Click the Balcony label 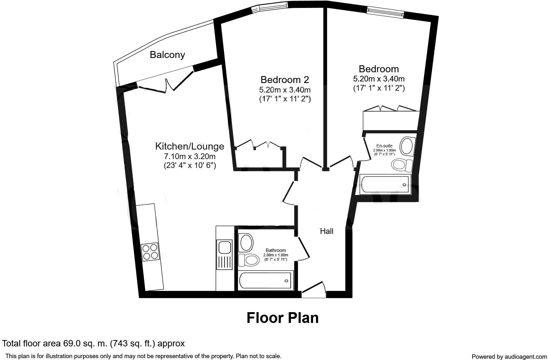pos(167,55)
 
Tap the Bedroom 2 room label pos(284,79)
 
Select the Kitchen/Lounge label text pos(189,146)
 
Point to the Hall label pos(326,231)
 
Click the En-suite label pos(384,146)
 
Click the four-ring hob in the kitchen pos(150,252)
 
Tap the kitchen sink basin pos(224,247)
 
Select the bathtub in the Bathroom pos(265,280)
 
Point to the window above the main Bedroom pos(385,12)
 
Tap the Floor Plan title pos(283,318)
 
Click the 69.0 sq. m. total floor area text pos(93,343)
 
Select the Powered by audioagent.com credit pos(509,357)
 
